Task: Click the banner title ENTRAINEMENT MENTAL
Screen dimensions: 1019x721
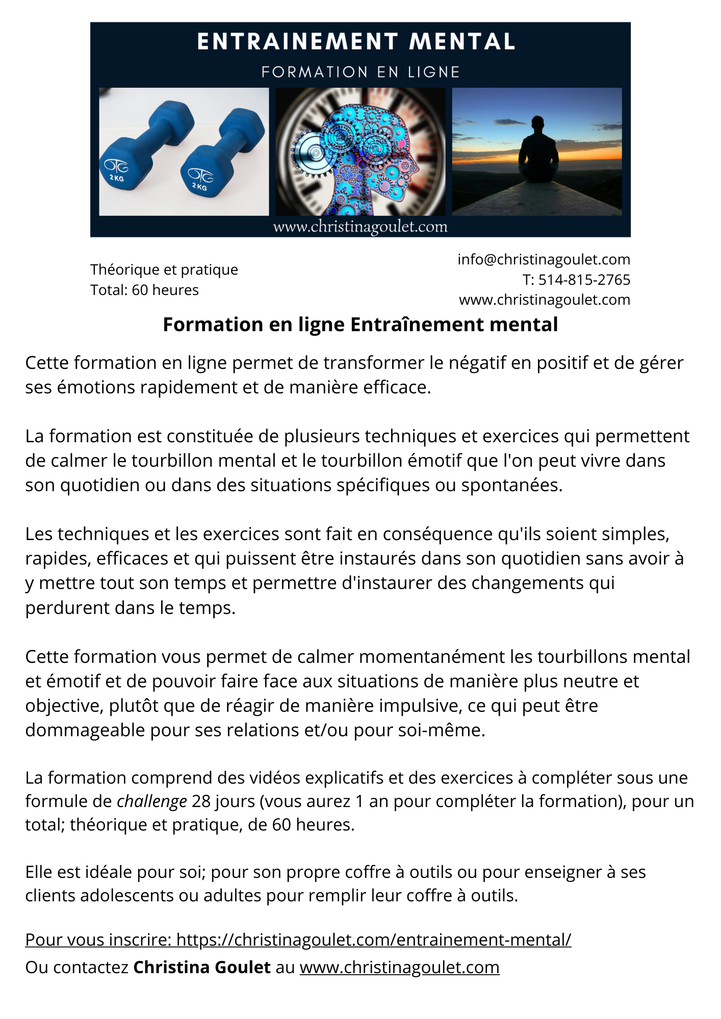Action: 356,42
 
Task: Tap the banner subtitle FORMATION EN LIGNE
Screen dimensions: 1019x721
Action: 360,72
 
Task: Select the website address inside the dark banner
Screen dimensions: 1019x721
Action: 360,227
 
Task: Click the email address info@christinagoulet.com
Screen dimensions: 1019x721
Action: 544,259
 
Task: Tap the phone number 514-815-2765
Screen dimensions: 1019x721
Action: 584,280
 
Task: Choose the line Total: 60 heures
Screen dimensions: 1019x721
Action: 144,290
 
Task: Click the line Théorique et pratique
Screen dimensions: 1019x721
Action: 164,270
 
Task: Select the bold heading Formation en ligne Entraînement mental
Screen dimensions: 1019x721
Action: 360,325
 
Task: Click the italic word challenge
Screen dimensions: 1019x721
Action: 152,801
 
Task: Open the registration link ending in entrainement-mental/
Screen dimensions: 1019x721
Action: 374,940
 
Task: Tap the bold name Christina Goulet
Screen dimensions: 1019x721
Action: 202,967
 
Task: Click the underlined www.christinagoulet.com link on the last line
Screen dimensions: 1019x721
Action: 399,967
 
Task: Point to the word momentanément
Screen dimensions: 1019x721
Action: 432,656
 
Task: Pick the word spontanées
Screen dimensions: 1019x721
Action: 511,485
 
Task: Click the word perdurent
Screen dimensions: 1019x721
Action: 67,608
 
